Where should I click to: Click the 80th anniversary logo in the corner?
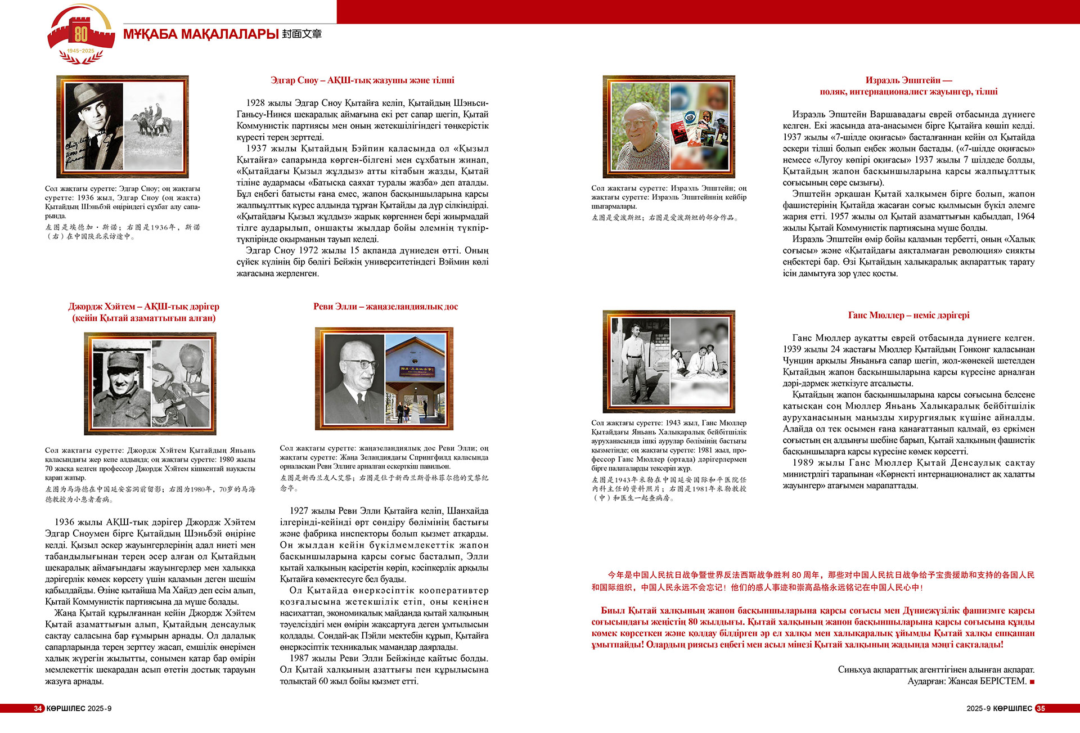pos(81,35)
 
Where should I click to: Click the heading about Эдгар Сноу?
pos(362,80)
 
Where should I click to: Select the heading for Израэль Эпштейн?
pos(908,86)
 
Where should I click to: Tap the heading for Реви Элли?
pos(385,307)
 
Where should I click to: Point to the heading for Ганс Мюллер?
pos(908,316)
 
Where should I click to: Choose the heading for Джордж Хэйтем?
pos(144,312)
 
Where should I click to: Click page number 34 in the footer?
pos(38,708)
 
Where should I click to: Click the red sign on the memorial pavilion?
pos(417,370)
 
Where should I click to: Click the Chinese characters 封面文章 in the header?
pos(301,34)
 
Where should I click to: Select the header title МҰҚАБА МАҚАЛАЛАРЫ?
pos(201,34)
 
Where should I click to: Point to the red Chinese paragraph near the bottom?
pos(813,581)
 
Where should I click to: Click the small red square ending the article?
pos(1032,682)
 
